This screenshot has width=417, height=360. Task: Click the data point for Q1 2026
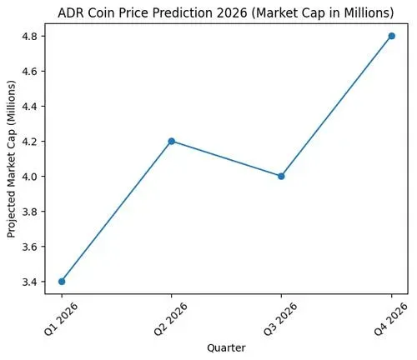(62, 281)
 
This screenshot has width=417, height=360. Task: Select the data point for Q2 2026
(172, 141)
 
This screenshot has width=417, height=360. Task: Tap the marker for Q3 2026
(281, 176)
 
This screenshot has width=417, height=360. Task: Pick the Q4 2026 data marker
(391, 36)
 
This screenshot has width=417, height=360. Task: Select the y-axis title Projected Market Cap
(11, 160)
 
